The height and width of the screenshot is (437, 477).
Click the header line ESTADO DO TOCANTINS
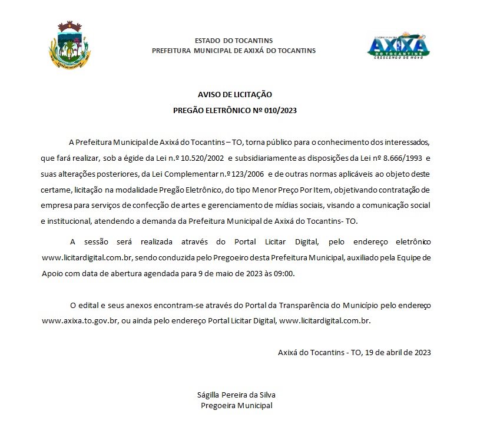234,41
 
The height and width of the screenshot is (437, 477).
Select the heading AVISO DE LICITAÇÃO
235,94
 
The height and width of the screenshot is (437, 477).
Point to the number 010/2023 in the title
281,110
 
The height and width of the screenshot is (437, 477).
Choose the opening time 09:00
283,273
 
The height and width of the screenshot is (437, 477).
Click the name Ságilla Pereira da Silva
236,395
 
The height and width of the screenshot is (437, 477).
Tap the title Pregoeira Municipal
236,405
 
